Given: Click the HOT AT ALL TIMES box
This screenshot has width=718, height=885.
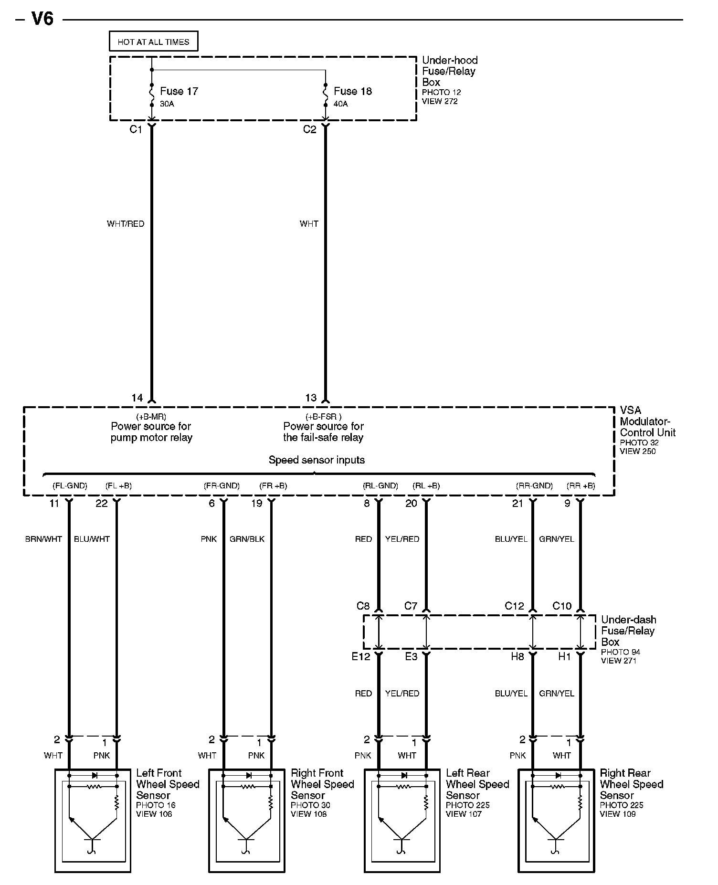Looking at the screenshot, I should click(x=153, y=42).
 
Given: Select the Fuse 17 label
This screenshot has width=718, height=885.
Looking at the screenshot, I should click(x=179, y=91).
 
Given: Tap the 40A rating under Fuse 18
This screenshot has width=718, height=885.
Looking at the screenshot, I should click(x=341, y=104).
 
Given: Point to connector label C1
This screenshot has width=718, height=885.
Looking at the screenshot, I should click(x=136, y=129).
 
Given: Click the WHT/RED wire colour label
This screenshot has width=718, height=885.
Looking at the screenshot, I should click(x=126, y=223).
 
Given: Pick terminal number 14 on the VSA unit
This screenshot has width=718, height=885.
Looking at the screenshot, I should click(x=137, y=398).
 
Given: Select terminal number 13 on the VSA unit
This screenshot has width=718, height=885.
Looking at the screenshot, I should click(x=311, y=398).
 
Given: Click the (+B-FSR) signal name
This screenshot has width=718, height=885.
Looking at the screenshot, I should click(x=323, y=417).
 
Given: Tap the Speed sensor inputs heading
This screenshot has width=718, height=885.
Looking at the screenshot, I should click(x=317, y=460).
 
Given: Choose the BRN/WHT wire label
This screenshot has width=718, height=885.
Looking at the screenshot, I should click(x=43, y=539).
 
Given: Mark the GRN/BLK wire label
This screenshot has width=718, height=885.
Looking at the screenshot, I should click(x=247, y=539).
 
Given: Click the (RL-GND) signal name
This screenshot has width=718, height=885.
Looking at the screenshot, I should click(x=380, y=486).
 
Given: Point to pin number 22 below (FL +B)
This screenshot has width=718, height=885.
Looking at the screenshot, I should click(x=102, y=503).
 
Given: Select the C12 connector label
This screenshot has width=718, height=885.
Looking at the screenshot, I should click(x=514, y=606).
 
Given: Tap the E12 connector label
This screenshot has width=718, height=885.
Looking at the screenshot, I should click(x=361, y=656).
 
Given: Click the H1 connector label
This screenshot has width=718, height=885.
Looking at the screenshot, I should click(x=564, y=656).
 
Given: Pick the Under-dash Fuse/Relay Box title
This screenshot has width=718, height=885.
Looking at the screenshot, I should click(x=628, y=631).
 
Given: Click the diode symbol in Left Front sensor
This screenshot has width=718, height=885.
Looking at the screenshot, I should click(x=94, y=775).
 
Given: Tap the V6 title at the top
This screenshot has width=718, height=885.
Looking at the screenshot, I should click(x=42, y=19).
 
